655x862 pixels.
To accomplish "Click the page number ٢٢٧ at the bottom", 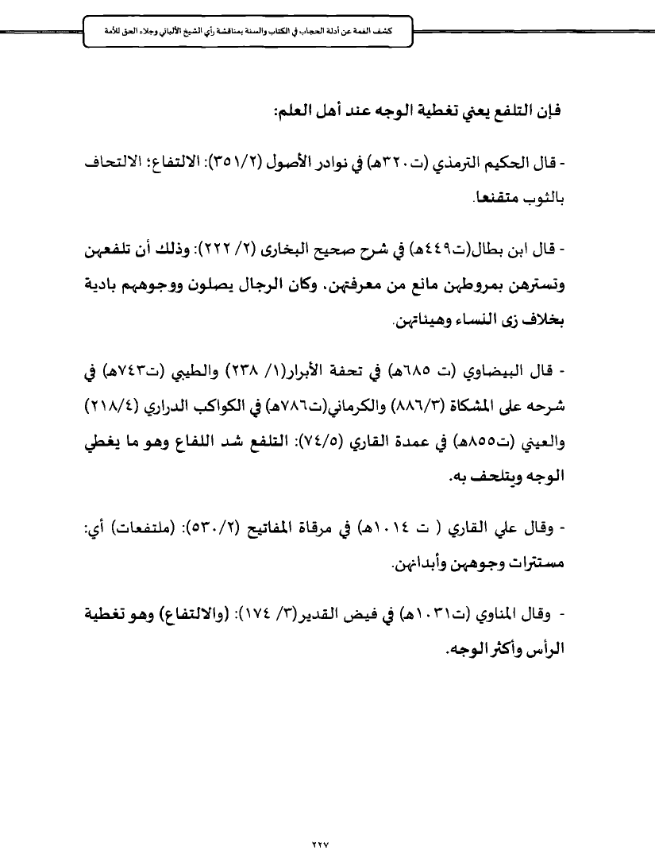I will click(328, 821).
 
